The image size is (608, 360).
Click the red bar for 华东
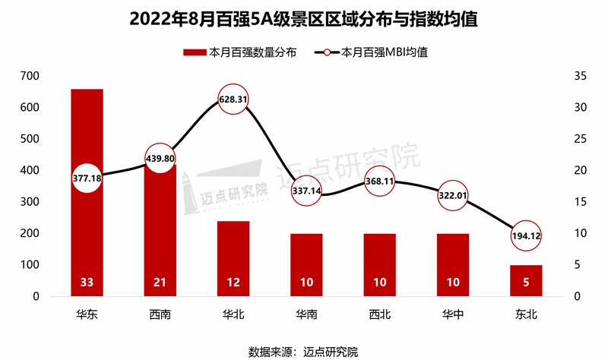coord(87,228)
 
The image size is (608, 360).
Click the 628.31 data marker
coord(233,99)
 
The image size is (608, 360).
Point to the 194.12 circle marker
coord(525,236)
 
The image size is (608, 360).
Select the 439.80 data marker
coord(160,159)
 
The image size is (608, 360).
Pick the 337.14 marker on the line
coord(306,191)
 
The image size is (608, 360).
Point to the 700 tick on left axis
coord(30,77)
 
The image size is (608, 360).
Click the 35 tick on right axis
coord(578,77)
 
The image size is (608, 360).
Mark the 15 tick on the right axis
coord(578,202)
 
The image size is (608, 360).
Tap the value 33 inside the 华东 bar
coord(87,283)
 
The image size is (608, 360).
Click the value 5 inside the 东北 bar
coord(525,283)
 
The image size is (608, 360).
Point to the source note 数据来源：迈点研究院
coord(303,351)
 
